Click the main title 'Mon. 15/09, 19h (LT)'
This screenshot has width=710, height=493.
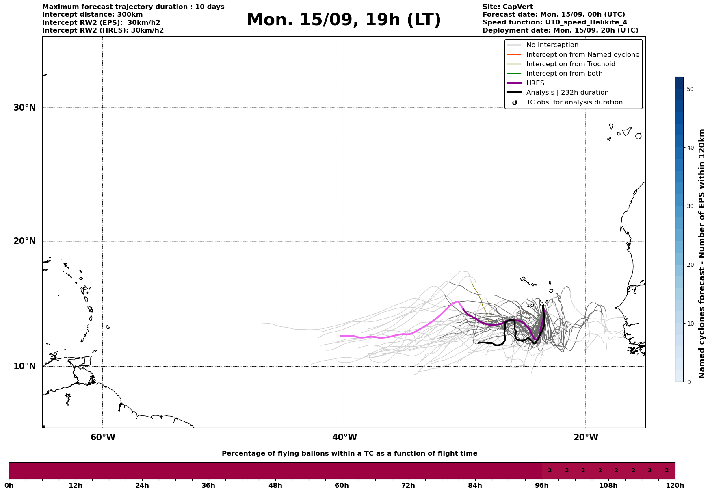point(344,20)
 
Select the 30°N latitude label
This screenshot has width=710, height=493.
point(25,108)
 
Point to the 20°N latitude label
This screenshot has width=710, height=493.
point(25,241)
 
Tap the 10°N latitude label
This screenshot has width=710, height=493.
point(25,366)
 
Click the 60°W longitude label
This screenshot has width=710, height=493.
point(103,437)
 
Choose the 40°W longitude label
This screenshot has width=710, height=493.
point(344,437)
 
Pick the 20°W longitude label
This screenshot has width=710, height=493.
point(586,437)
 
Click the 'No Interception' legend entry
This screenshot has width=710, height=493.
point(552,45)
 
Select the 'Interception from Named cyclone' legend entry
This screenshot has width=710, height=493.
point(582,55)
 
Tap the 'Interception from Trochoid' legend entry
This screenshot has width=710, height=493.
point(570,64)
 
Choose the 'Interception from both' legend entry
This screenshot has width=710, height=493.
point(564,74)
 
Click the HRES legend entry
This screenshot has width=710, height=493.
point(535,83)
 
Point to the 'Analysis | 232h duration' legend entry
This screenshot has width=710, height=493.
point(567,93)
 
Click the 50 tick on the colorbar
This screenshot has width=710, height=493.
point(690,89)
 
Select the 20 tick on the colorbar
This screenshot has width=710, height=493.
point(690,265)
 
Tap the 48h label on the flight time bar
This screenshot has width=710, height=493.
point(275,485)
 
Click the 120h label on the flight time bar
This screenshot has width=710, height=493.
point(675,485)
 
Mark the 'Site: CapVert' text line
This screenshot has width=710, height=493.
point(508,7)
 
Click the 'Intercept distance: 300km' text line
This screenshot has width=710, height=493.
point(93,15)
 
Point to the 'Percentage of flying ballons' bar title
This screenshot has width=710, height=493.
point(349,454)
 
